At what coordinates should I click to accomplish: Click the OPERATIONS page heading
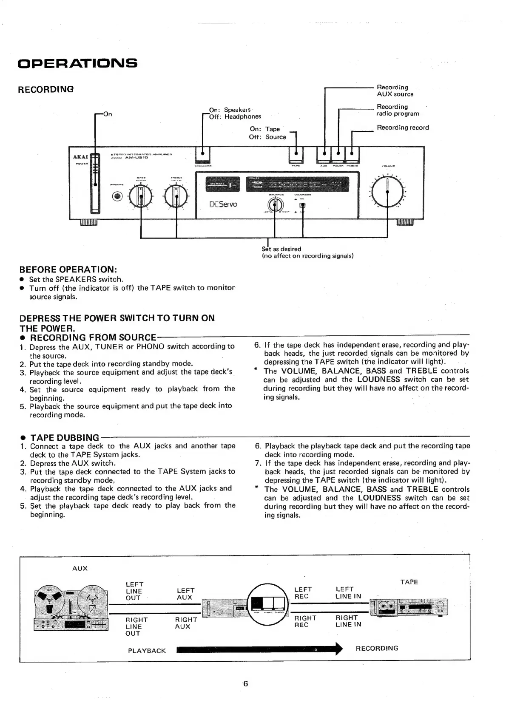77,63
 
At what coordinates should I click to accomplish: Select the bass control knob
141,196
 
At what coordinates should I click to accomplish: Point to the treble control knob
176,196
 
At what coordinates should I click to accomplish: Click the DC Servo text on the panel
223,204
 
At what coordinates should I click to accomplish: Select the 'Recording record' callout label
403,127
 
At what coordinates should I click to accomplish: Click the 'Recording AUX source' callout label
395,91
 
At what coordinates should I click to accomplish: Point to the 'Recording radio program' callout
398,110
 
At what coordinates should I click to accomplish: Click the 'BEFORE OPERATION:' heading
68,270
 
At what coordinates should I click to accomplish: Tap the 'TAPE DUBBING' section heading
65,437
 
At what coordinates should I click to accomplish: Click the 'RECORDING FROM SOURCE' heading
93,337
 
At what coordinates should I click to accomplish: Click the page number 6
245,683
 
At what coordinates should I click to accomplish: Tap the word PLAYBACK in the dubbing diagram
147,651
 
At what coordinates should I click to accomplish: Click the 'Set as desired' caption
281,249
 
